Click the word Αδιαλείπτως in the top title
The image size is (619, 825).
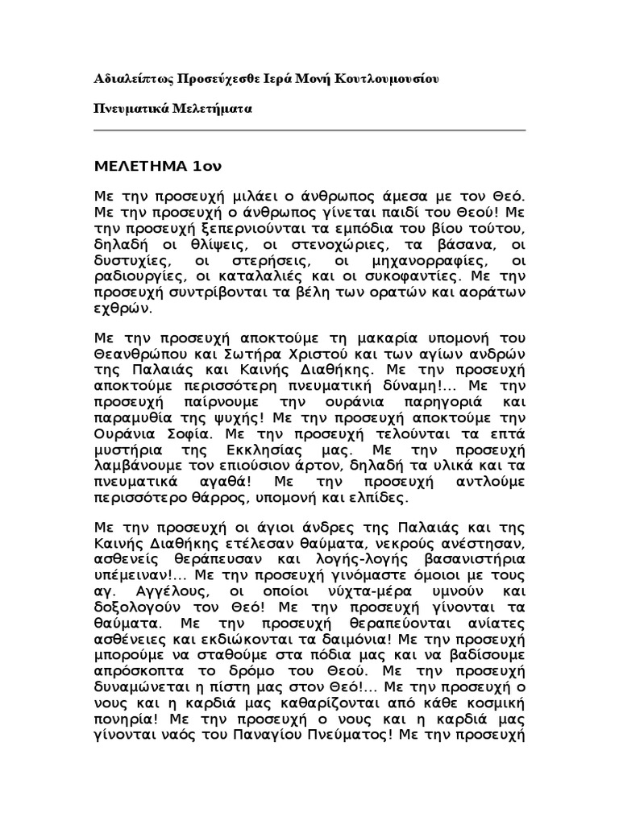point(127,80)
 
